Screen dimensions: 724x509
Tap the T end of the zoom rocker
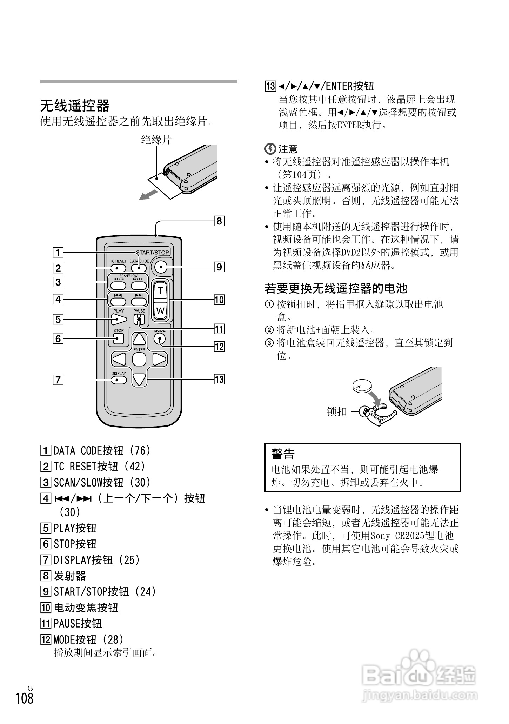(x=160, y=290)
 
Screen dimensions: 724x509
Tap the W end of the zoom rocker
(x=160, y=310)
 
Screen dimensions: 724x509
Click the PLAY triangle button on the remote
(x=119, y=319)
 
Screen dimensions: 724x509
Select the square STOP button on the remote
(x=119, y=339)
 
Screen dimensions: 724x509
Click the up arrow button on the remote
(x=139, y=339)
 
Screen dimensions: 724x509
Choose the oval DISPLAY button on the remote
(x=119, y=380)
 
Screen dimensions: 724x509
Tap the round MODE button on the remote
(x=159, y=339)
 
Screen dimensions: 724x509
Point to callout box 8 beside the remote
(x=219, y=221)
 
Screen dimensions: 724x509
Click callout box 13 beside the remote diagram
(x=219, y=380)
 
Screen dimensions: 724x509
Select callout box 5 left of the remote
(x=58, y=319)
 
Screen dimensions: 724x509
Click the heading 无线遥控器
(x=75, y=106)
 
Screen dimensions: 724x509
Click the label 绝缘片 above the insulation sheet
(x=156, y=140)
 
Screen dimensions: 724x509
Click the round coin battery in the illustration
(x=363, y=386)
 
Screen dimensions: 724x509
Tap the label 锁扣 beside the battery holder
(x=336, y=411)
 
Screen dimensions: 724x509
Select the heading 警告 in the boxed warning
(x=283, y=454)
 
